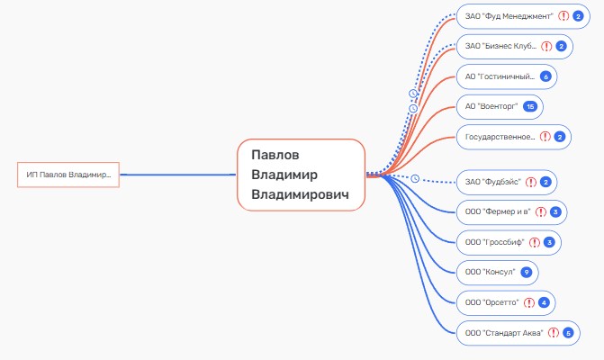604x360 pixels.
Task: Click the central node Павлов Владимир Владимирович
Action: coord(301,175)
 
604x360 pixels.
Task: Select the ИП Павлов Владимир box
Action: coord(68,175)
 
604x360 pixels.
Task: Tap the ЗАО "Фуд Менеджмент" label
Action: coord(509,16)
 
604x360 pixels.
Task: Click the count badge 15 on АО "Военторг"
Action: coord(530,107)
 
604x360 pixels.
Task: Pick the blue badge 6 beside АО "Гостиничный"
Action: coord(545,76)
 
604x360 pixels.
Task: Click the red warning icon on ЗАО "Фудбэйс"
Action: coord(531,182)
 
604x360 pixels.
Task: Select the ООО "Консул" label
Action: coord(490,272)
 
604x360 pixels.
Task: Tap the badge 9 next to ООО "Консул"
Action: coord(527,272)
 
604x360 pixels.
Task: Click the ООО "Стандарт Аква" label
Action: coord(504,333)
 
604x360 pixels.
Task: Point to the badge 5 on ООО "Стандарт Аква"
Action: coord(568,333)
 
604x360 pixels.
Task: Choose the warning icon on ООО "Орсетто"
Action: coord(529,302)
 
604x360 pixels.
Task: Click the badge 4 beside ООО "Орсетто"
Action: coord(544,302)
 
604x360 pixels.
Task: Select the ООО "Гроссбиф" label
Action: coord(494,242)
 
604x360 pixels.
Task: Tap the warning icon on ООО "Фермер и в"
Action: coord(541,212)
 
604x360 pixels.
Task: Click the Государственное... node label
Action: coord(500,137)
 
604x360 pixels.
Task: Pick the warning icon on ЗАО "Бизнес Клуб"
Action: coord(546,47)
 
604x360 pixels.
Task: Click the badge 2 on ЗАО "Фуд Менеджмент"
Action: coord(578,16)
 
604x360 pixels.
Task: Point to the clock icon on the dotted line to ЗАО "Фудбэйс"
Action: coord(415,179)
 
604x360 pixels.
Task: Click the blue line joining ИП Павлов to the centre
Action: coord(178,175)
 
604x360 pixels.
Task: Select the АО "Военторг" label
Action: coord(491,107)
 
